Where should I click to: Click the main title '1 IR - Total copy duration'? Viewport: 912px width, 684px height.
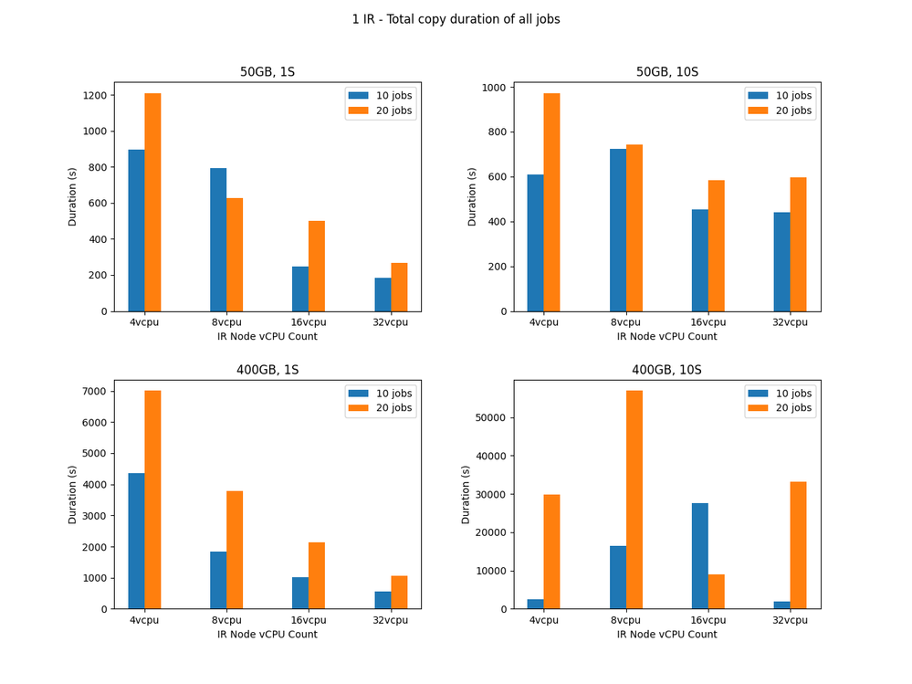tap(456, 19)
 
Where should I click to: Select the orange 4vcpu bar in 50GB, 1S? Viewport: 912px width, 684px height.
tap(152, 202)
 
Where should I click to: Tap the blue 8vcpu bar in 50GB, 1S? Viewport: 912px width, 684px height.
tap(218, 239)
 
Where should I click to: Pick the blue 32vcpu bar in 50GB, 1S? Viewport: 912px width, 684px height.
tap(383, 294)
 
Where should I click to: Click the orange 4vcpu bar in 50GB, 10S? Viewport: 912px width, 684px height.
tap(551, 202)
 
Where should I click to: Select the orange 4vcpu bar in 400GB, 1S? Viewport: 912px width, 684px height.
tap(152, 500)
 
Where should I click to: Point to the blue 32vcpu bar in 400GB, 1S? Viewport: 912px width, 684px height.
tap(383, 600)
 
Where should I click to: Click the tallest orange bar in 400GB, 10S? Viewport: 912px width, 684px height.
tap(634, 500)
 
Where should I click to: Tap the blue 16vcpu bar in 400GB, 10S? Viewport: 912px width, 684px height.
tap(699, 556)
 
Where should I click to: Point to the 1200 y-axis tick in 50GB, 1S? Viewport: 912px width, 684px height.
tap(95, 95)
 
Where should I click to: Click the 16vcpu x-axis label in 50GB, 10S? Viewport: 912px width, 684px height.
tap(708, 322)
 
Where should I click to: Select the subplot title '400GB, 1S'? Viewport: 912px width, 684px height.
tap(267, 370)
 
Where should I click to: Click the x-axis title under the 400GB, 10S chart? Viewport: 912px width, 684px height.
tap(666, 634)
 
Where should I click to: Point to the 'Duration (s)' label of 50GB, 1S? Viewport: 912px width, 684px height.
tap(72, 196)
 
